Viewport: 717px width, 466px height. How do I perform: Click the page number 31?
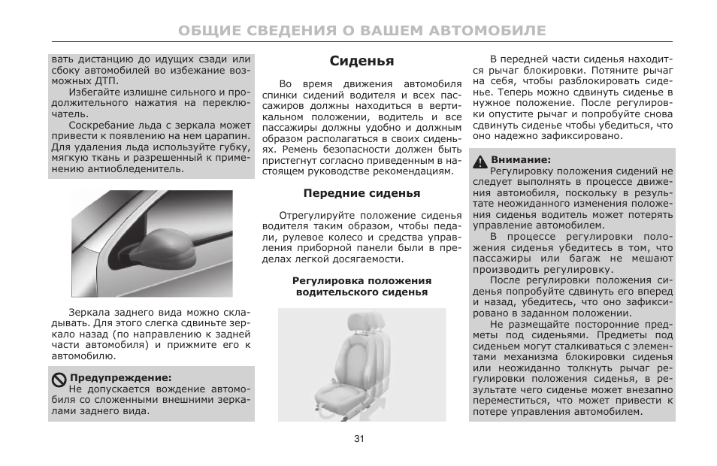(x=358, y=439)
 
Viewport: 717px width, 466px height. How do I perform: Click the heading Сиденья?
(x=362, y=61)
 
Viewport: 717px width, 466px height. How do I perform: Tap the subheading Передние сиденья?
(x=362, y=193)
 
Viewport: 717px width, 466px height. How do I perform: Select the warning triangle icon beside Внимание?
(x=480, y=160)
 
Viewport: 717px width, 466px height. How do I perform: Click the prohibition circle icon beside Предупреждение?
(x=59, y=378)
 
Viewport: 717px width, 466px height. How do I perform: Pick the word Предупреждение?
(x=120, y=378)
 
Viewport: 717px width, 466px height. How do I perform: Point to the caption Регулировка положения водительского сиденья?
(x=362, y=286)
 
